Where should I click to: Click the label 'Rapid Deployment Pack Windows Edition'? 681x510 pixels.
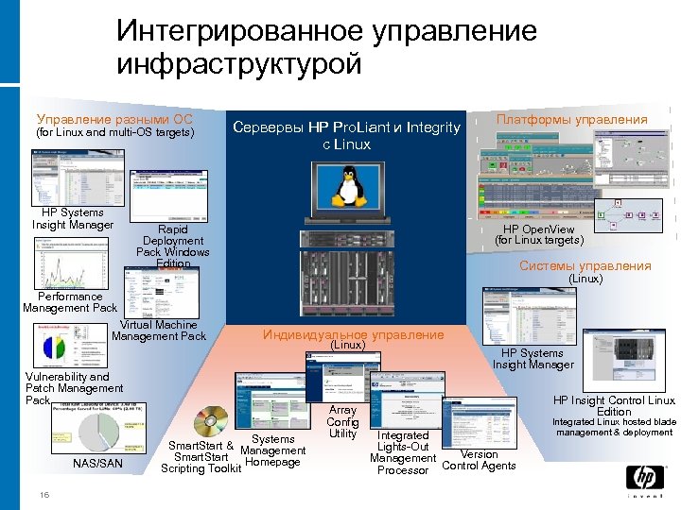pos(174,246)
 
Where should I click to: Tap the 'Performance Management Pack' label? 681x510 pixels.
pos(70,302)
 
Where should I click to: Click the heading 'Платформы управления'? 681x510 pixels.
pos(572,119)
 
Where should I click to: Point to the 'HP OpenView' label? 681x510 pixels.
pos(538,229)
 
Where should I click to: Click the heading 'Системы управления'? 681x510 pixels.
pos(585,265)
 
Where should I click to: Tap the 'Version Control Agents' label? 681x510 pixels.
pos(479,460)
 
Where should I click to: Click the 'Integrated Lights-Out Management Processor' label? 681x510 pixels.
pos(403,452)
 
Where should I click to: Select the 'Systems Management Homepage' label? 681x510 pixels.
pos(273,450)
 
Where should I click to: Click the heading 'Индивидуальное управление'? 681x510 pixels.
pos(353,334)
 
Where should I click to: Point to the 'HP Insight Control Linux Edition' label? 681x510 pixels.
pos(614,406)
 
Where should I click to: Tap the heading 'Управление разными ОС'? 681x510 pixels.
pos(113,119)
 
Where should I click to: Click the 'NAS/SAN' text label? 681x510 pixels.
pos(97,463)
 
